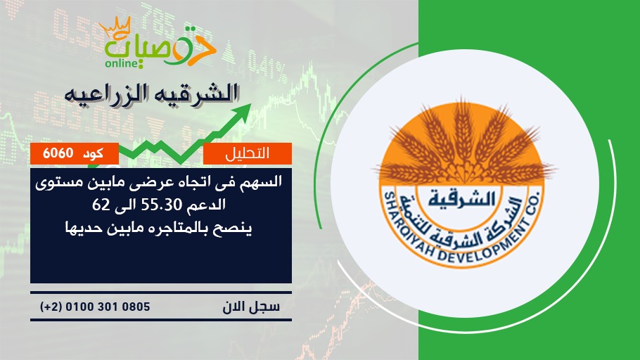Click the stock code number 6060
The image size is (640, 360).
point(58,153)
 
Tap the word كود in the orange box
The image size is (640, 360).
point(93,154)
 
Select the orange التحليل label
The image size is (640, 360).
point(248,153)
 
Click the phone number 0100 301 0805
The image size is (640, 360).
point(108,307)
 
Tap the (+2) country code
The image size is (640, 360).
point(51,307)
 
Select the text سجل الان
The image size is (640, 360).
point(251,307)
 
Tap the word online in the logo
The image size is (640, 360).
point(122,63)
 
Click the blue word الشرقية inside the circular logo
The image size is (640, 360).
point(462,199)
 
